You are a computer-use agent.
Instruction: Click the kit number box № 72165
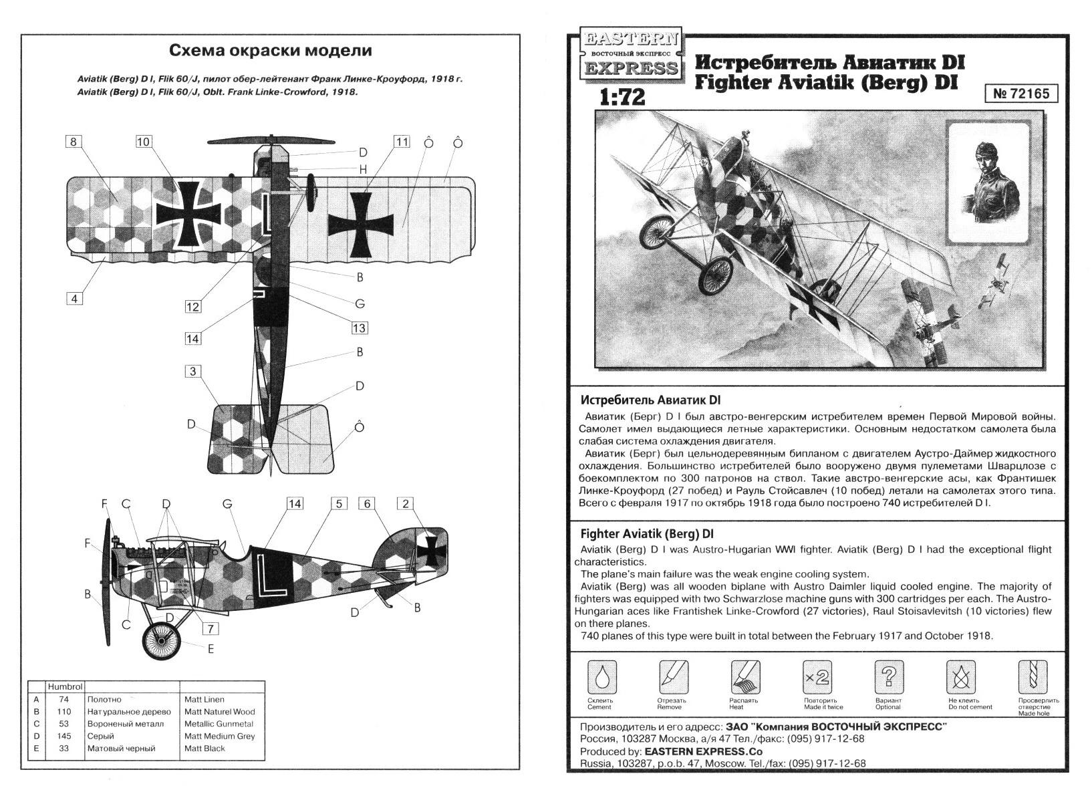pyautogui.click(x=1021, y=94)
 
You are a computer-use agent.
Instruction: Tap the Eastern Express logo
pyautogui.click(x=630, y=54)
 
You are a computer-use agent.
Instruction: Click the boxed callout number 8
pyautogui.click(x=74, y=142)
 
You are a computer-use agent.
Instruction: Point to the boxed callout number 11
pyautogui.click(x=401, y=142)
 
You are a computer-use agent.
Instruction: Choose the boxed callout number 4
pyautogui.click(x=74, y=299)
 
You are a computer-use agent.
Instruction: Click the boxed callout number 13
pyautogui.click(x=360, y=328)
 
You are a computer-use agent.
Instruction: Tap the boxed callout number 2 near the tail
pyautogui.click(x=405, y=504)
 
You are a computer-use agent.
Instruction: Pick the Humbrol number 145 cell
pyautogui.click(x=64, y=736)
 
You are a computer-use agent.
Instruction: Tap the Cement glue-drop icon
pyautogui.click(x=601, y=676)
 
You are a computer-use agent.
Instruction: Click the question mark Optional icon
pyautogui.click(x=889, y=676)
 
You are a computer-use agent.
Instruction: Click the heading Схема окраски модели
pyautogui.click(x=270, y=51)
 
